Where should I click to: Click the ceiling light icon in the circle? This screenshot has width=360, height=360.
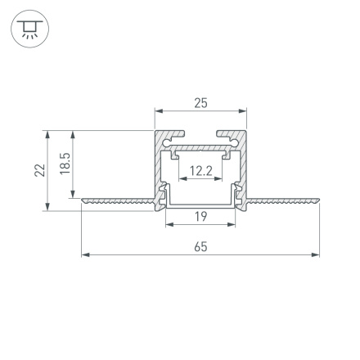tap(29, 30)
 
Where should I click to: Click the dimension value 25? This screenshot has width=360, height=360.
tap(200, 103)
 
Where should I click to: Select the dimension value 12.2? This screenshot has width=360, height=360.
tap(200, 171)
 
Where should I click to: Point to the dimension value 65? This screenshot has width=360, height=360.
tap(200, 246)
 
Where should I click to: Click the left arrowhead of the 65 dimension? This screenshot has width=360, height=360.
tap(85, 254)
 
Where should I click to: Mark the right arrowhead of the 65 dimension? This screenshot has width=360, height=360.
tap(316, 254)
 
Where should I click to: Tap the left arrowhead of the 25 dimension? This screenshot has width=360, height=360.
tap(159, 111)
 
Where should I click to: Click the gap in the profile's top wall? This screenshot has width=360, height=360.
tap(200, 133)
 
